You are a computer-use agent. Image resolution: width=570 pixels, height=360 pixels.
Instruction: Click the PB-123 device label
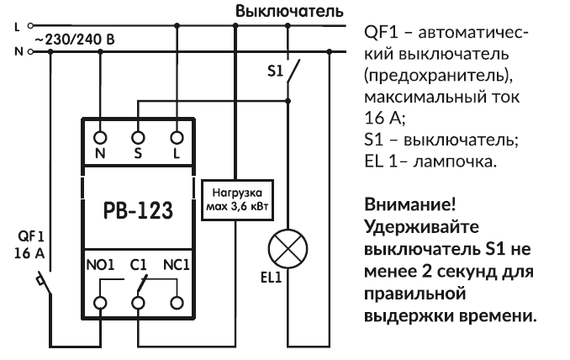pos(138,210)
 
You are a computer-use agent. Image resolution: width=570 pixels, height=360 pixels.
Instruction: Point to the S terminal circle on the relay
pos(139,135)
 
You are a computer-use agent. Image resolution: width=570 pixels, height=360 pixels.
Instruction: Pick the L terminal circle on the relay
pos(177,135)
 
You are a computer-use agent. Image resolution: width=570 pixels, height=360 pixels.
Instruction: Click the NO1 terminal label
pos(100,263)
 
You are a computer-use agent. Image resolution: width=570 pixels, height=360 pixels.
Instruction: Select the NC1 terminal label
pos(177,263)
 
